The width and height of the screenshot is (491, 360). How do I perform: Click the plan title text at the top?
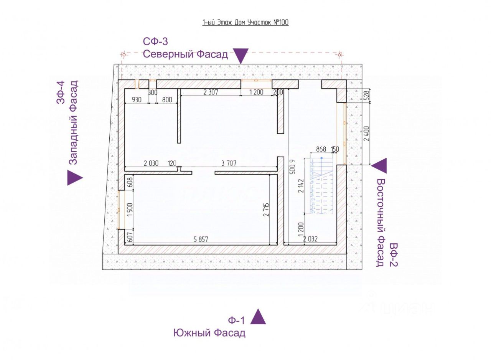[245, 22]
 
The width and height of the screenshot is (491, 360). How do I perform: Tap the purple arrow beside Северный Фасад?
[241, 56]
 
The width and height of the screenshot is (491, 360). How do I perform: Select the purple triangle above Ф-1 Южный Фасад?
[258, 317]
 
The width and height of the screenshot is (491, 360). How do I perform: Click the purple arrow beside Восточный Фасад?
[379, 165]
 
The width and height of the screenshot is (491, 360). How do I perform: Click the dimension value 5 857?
[201, 239]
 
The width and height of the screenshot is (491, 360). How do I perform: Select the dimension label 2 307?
[210, 92]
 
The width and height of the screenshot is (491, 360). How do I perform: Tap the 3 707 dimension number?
[229, 163]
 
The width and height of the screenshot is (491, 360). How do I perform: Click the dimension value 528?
[366, 95]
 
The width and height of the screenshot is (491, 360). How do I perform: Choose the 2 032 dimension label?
[310, 239]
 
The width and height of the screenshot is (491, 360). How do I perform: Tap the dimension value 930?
[137, 99]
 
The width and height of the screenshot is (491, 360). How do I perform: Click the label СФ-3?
[155, 41]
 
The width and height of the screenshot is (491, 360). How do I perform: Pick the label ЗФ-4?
[61, 92]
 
